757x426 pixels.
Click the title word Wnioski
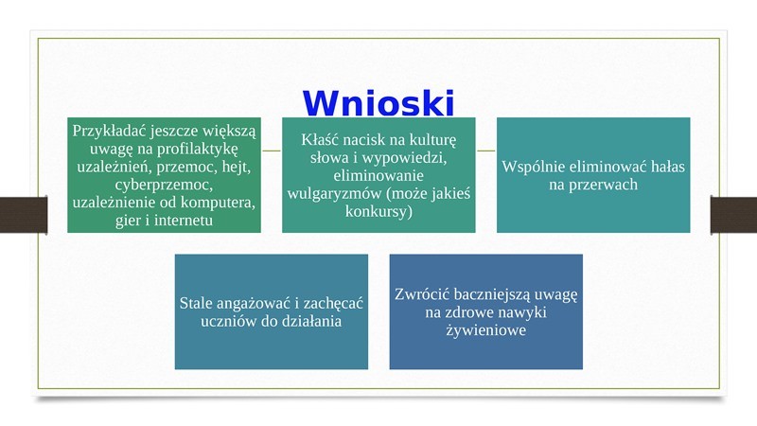378,103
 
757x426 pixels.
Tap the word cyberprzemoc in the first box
164,185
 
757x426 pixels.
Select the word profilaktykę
197,149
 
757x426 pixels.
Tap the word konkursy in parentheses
378,211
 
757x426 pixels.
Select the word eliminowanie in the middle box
378,175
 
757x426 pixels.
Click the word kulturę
432,140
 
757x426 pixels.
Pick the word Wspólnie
534,167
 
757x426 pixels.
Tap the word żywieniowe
485,330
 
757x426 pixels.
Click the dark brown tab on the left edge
24,215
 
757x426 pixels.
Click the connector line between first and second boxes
272,151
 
